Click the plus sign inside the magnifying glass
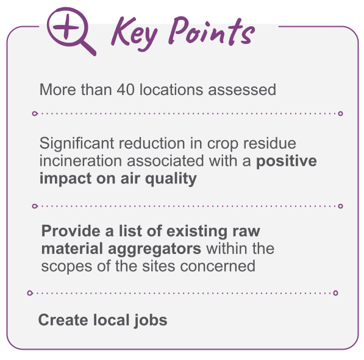tap(66, 26)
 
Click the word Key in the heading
tap(134, 34)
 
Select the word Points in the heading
tap(212, 31)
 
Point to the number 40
tap(126, 90)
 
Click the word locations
tap(171, 90)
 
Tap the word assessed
tap(242, 90)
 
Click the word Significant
tap(77, 144)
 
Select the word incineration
tap(80, 161)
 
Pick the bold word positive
tap(287, 161)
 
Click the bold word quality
tap(171, 179)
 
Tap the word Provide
tap(71, 231)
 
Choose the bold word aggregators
tap(154, 249)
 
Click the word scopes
tap(66, 267)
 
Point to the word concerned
tap(218, 266)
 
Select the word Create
tap(63, 320)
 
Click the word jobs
tap(151, 320)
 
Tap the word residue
tap(269, 143)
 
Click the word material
tap(72, 249)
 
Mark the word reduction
tap(152, 143)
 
